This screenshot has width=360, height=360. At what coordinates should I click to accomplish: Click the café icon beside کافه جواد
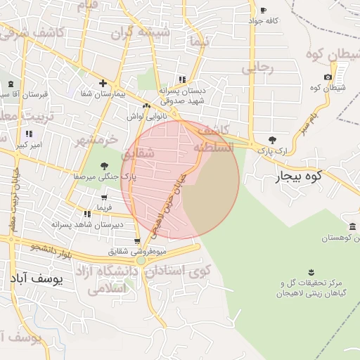point(263,11)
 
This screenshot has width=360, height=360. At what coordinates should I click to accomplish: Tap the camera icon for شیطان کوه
point(328,77)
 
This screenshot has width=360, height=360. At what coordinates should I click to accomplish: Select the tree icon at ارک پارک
point(272,140)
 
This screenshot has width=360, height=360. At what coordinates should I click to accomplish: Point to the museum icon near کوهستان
point(352,226)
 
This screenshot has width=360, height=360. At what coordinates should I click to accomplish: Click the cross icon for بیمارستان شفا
point(103,83)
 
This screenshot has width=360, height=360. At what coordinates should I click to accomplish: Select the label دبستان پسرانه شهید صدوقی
point(181,95)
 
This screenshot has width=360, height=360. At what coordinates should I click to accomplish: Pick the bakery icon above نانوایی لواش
point(147,106)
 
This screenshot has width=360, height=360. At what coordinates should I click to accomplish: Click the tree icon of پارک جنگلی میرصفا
point(104,166)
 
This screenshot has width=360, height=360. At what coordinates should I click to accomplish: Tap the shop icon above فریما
point(86,214)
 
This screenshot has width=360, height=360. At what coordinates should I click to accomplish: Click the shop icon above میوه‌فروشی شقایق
point(136,241)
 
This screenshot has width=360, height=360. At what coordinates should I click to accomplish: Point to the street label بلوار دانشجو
point(52,248)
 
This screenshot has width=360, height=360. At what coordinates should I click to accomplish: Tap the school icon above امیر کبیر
point(29,134)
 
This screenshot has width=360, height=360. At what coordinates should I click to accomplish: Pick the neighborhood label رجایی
point(257,68)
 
